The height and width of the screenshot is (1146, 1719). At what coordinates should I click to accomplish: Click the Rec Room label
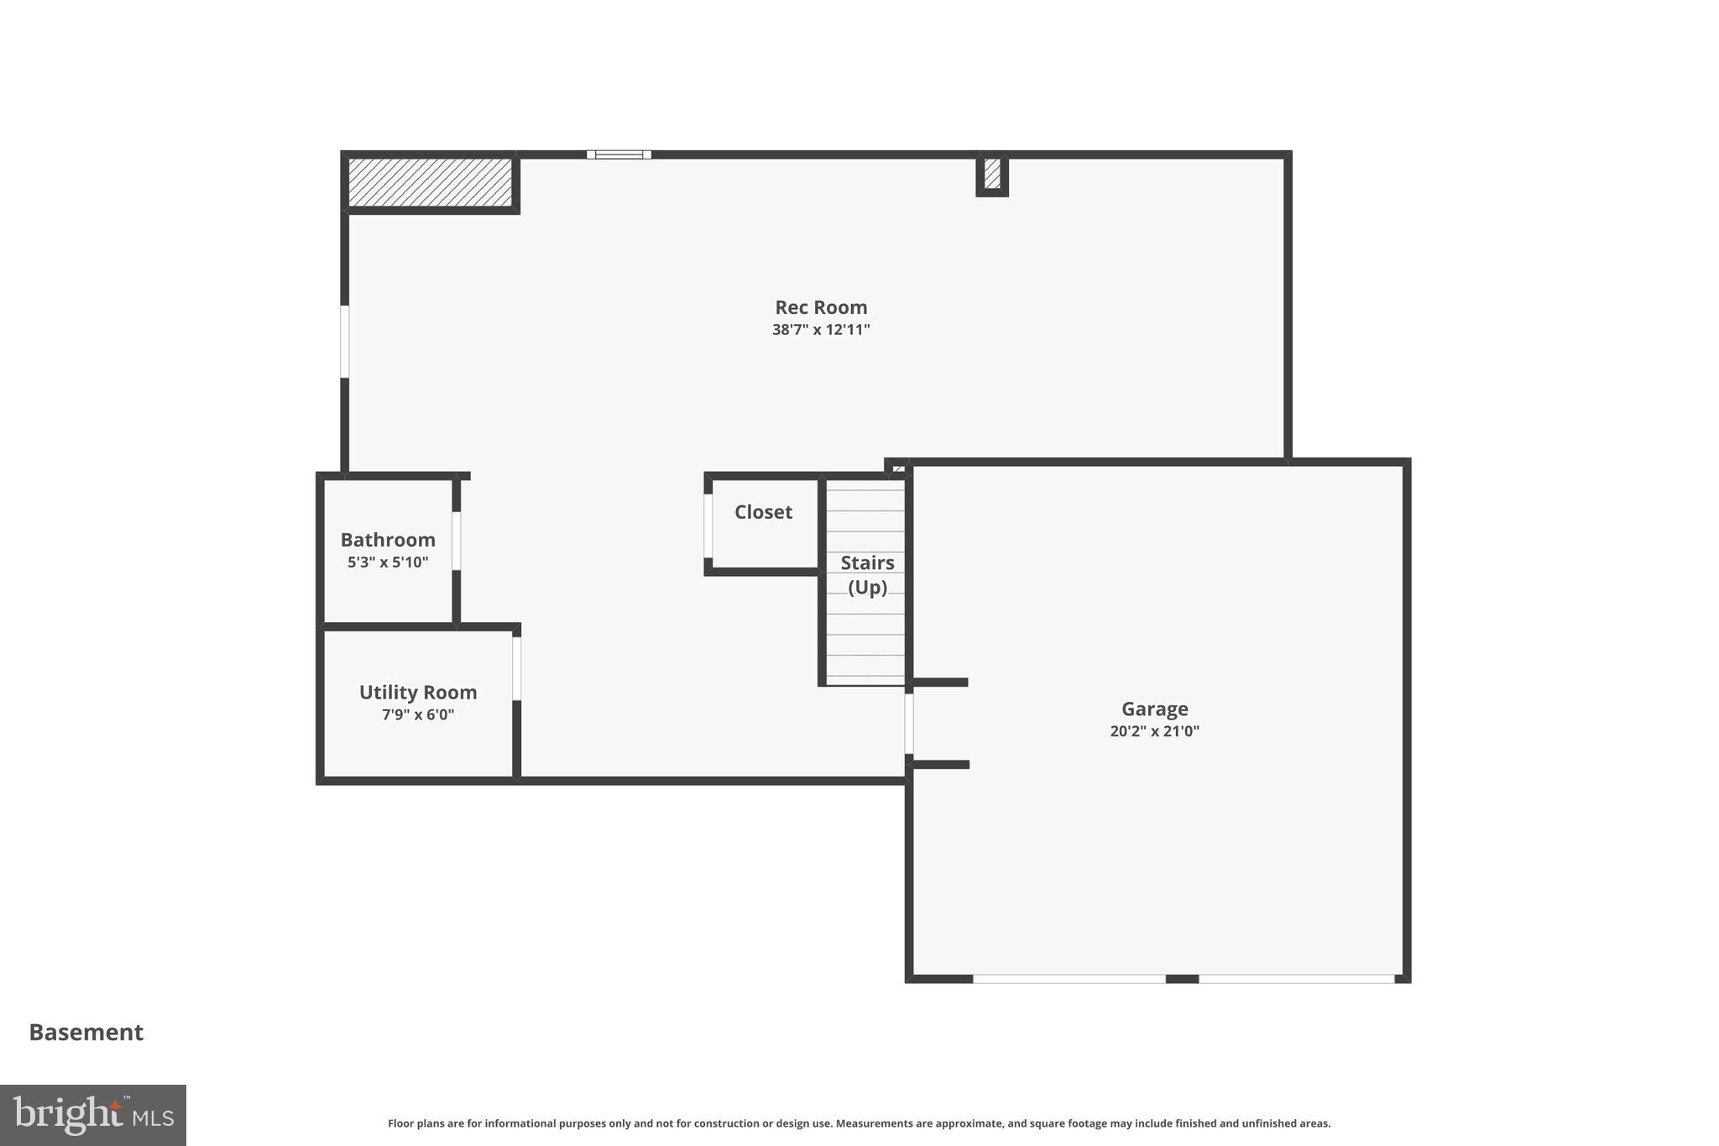[x=820, y=307]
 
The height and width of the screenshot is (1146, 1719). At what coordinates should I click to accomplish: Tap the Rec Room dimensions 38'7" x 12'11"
[x=820, y=330]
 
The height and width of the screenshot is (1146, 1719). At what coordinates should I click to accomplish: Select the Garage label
[x=1154, y=709]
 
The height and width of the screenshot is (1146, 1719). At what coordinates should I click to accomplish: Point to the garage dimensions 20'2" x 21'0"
[x=1154, y=731]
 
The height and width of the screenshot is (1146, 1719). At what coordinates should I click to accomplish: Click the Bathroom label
[x=388, y=540]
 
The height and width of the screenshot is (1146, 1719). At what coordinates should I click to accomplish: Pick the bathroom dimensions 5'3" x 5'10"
[x=388, y=563]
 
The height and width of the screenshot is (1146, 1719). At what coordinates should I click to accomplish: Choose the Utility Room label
[x=418, y=693]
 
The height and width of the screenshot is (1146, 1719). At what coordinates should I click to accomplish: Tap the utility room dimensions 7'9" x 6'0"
[x=418, y=715]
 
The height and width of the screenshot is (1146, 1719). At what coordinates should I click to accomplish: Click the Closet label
[x=763, y=512]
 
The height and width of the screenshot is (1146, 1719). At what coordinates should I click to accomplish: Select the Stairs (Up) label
[x=867, y=574]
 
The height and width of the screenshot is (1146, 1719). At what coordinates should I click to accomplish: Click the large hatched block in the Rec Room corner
[x=430, y=182]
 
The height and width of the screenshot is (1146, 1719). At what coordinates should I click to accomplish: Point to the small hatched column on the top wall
[x=992, y=174]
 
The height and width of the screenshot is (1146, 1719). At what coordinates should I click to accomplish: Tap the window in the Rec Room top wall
[x=619, y=154]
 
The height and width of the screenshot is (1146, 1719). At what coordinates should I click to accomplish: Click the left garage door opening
[x=1068, y=979]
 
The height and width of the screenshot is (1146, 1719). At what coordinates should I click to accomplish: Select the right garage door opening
[x=1296, y=979]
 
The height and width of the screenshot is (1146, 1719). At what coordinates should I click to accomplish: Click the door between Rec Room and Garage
[x=909, y=723]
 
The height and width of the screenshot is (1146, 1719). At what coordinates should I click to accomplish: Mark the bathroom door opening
[x=457, y=541]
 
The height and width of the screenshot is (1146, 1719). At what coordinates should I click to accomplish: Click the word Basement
[x=86, y=1033]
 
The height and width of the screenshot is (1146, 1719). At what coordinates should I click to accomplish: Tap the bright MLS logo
[x=93, y=1115]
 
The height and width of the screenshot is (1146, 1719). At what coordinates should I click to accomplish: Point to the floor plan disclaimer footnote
[x=859, y=1123]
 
